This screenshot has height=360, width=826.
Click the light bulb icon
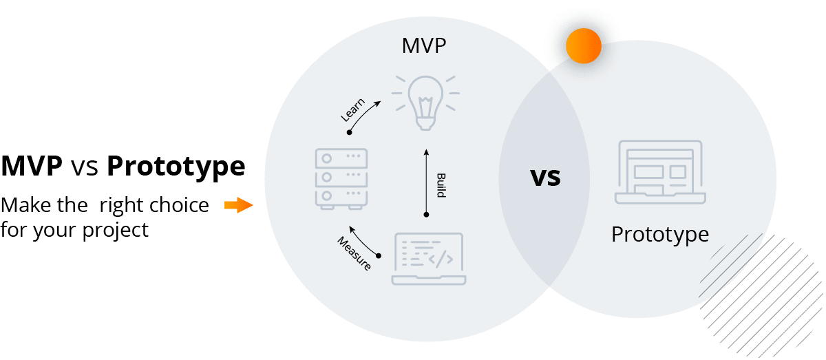(x=423, y=103)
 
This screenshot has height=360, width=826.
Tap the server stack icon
(x=340, y=178)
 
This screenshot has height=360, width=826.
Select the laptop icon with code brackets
(x=428, y=259)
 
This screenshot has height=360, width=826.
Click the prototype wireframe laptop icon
(x=660, y=173)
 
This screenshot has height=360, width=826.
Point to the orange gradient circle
(x=584, y=47)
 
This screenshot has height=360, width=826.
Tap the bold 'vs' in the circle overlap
(x=545, y=177)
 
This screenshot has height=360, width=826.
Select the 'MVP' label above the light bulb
(x=423, y=47)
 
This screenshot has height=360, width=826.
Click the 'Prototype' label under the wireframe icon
(x=660, y=234)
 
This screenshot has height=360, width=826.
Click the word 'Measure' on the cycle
(x=354, y=253)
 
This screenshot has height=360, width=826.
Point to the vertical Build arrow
(x=426, y=182)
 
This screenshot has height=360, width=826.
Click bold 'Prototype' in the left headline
(x=176, y=167)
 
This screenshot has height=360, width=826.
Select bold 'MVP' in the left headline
(x=32, y=167)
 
